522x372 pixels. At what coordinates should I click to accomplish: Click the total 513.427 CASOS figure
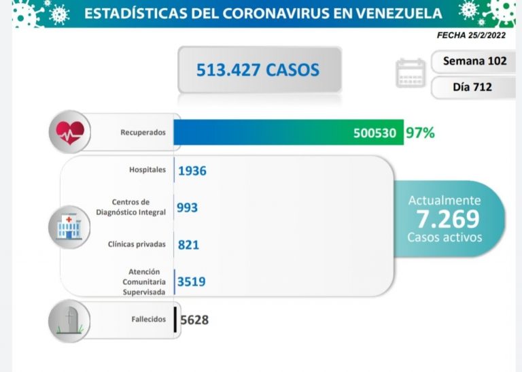pos(258,69)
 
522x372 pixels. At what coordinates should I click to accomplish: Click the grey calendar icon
pos(411,73)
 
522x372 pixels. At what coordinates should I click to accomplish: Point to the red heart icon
pos(71,131)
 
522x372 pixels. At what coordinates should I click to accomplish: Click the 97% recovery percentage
pos(420,132)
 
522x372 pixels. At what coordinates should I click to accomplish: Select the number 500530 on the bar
pos(375,133)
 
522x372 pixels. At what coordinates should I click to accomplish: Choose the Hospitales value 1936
pos(192,171)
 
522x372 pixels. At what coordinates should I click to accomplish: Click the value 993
pos(187,207)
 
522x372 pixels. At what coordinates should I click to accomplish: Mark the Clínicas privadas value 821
pos(188,244)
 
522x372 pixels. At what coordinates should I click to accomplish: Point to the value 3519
pos(192,282)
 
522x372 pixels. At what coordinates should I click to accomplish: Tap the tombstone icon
pos(69,320)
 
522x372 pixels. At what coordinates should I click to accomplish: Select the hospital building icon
pos(69,226)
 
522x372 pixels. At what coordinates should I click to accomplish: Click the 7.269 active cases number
pos(445,218)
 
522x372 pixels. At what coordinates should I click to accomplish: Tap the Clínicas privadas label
pos(136,243)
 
